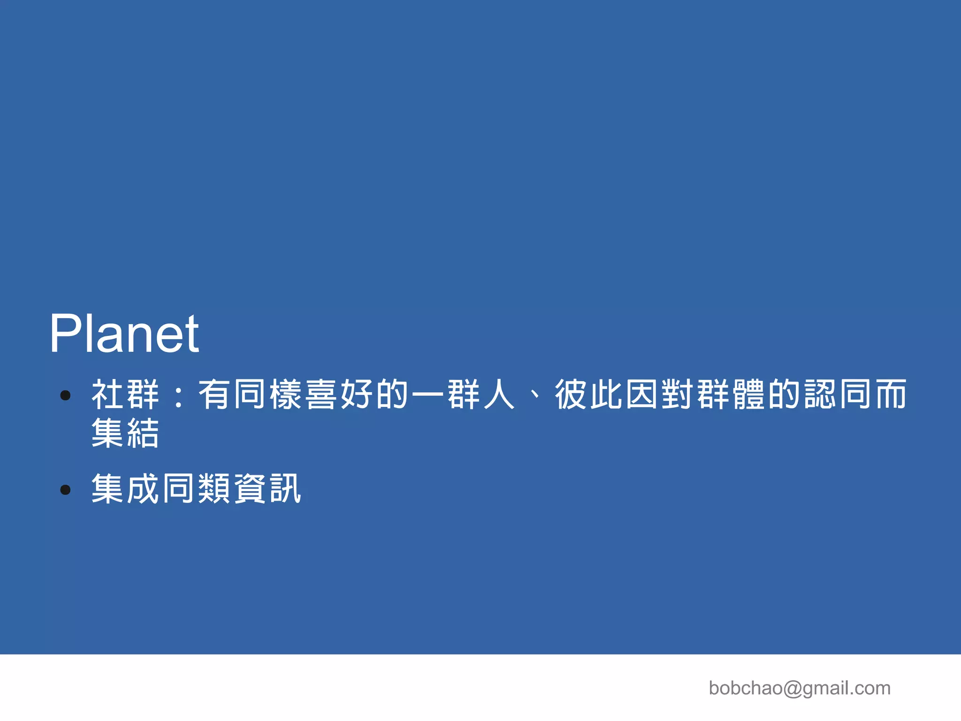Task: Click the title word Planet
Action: (x=124, y=334)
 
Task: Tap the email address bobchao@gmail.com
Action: (x=799, y=688)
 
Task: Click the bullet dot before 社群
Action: (x=66, y=395)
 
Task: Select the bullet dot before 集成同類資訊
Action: (x=66, y=490)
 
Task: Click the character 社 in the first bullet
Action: (x=108, y=395)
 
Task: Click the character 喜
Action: (x=321, y=395)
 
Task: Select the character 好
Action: (x=357, y=395)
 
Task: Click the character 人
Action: (x=499, y=395)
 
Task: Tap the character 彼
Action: (x=571, y=395)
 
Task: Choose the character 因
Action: (x=642, y=395)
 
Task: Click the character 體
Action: (x=749, y=395)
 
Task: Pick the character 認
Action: (x=820, y=395)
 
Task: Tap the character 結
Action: (x=144, y=433)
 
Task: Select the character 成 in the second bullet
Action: (x=144, y=489)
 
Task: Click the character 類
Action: (x=215, y=489)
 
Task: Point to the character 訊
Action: (x=286, y=489)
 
